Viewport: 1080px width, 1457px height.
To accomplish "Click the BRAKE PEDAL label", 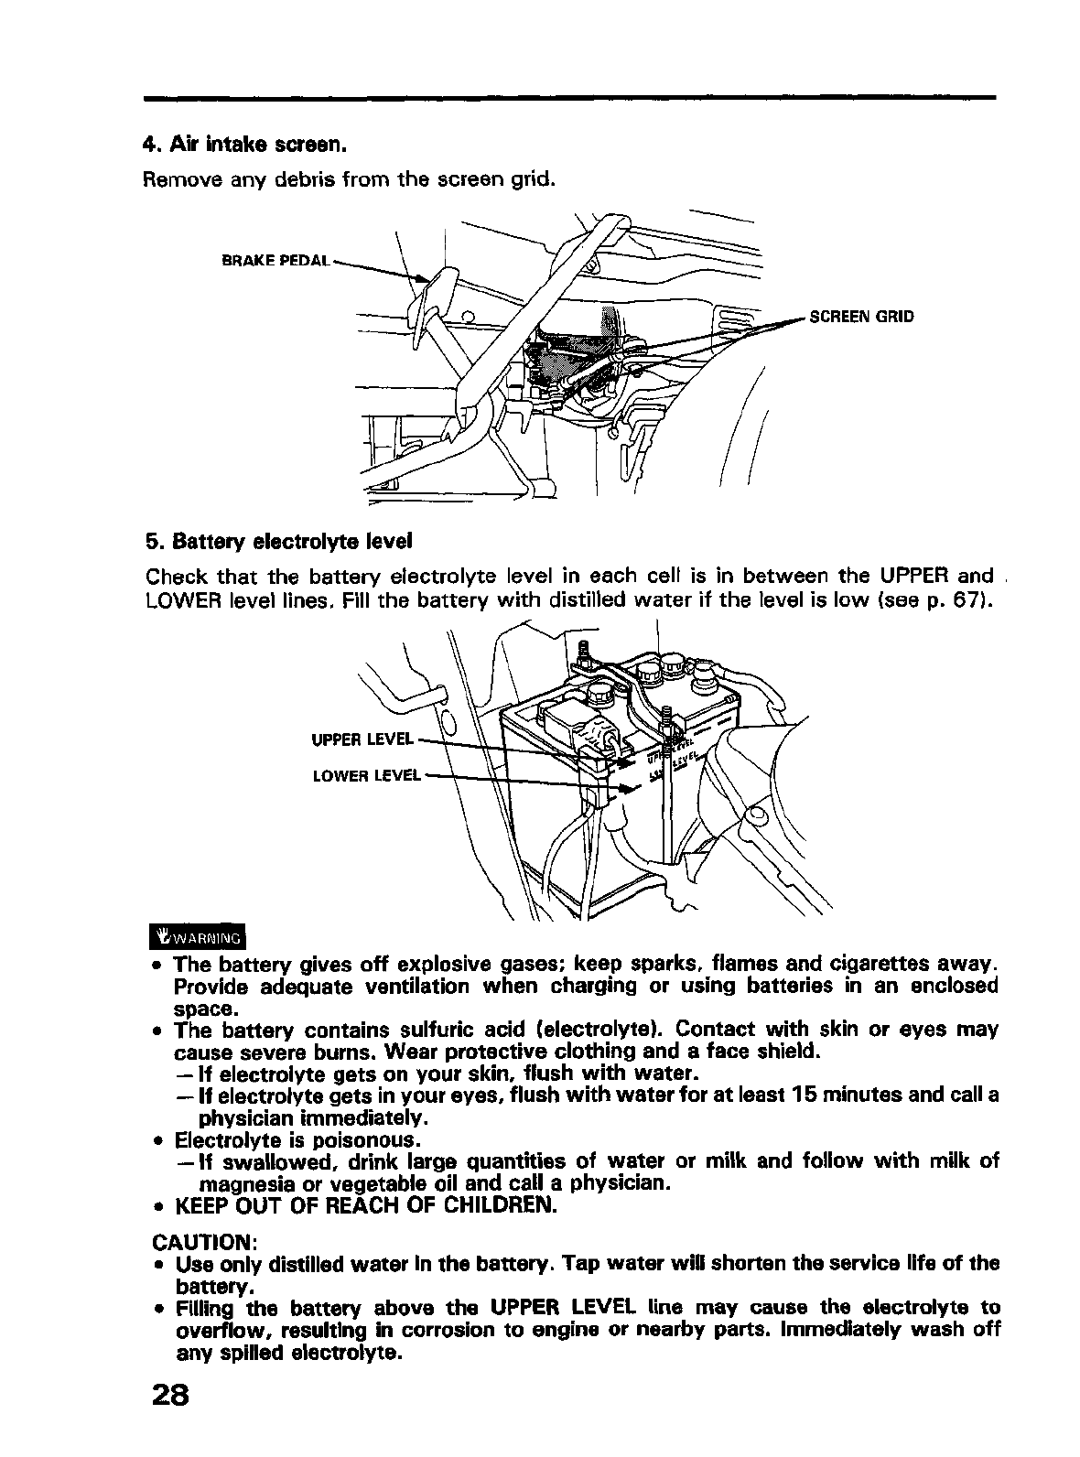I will pyautogui.click(x=275, y=260).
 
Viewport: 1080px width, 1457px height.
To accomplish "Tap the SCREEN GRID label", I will pyautogui.click(x=860, y=318).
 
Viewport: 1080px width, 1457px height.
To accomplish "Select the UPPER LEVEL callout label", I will pyautogui.click(x=364, y=738).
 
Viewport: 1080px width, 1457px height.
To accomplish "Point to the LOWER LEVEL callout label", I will pyautogui.click(x=366, y=776).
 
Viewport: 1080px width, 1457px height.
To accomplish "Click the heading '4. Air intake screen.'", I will pyautogui.click(x=244, y=145).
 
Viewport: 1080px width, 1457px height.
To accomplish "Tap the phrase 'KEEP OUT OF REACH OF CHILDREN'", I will pyautogui.click(x=364, y=1205).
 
